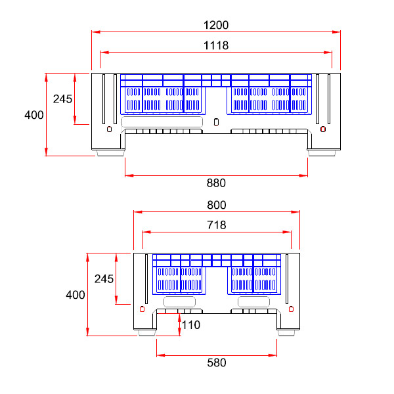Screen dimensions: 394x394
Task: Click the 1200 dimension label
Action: (x=216, y=25)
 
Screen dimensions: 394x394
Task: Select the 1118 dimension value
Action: (x=216, y=45)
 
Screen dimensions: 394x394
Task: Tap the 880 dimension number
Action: (x=216, y=183)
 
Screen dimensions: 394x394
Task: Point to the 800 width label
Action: (x=216, y=205)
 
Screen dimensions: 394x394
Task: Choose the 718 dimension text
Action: (x=216, y=225)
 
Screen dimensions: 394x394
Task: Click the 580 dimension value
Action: (x=216, y=362)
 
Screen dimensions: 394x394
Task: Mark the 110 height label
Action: (x=190, y=324)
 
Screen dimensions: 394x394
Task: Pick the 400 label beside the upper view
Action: (x=33, y=115)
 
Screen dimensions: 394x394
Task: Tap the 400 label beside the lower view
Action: (x=76, y=295)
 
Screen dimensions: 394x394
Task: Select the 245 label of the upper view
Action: (x=62, y=99)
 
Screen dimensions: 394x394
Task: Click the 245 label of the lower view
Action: (x=104, y=278)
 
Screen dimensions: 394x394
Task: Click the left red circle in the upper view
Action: (x=108, y=129)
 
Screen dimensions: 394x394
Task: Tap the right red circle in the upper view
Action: (x=322, y=129)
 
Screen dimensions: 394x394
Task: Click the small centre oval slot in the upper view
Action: (x=217, y=121)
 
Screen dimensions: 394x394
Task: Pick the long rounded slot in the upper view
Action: (x=162, y=122)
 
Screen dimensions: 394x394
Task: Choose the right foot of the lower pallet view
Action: (x=286, y=334)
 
